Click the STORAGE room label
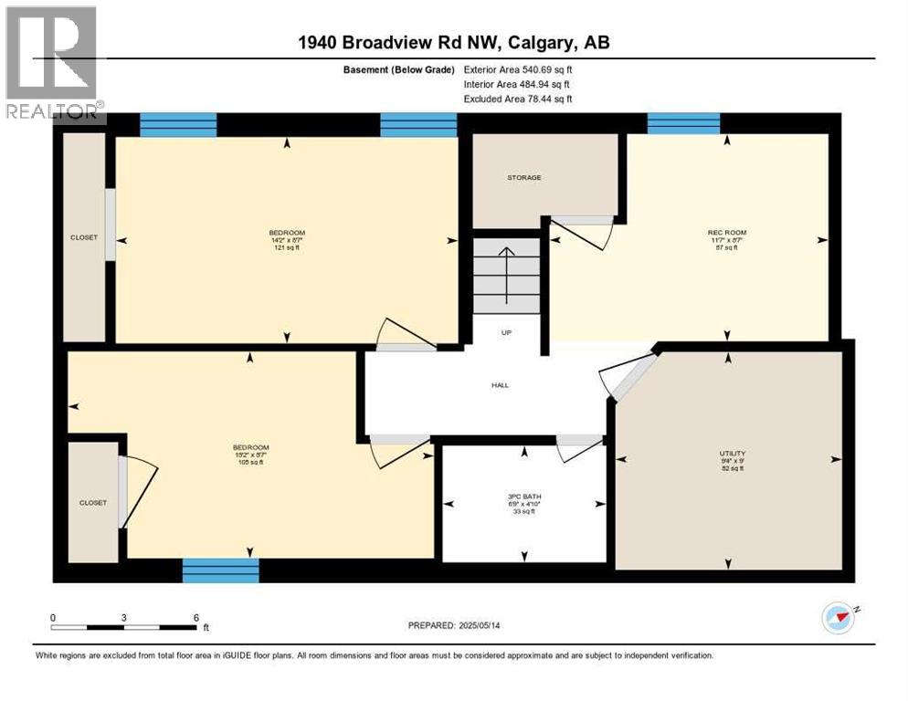(524, 177)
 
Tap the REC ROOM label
(727, 233)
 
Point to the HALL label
(500, 385)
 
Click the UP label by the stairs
(505, 332)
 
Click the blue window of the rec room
(683, 123)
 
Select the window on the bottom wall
(221, 570)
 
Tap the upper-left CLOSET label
(84, 237)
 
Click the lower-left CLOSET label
(92, 503)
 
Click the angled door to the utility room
(628, 377)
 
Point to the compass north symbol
(838, 618)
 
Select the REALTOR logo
(53, 63)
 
